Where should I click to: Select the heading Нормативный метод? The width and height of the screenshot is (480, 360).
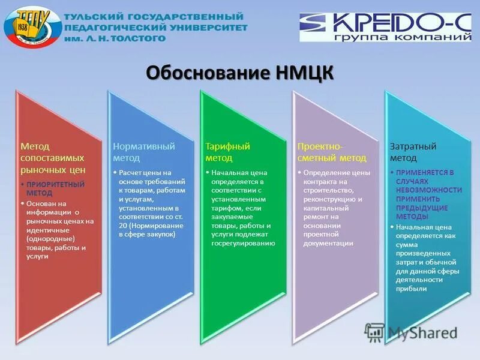[144, 152]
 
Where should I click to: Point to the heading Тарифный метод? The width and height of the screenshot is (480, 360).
[227, 152]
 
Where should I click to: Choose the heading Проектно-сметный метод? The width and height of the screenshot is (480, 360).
[331, 152]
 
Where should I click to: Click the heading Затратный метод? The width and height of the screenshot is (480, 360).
[413, 152]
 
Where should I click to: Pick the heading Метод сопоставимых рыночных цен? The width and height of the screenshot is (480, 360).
[53, 158]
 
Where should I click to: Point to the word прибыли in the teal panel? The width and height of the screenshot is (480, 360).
[412, 289]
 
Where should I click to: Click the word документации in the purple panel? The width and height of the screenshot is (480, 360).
[328, 244]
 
